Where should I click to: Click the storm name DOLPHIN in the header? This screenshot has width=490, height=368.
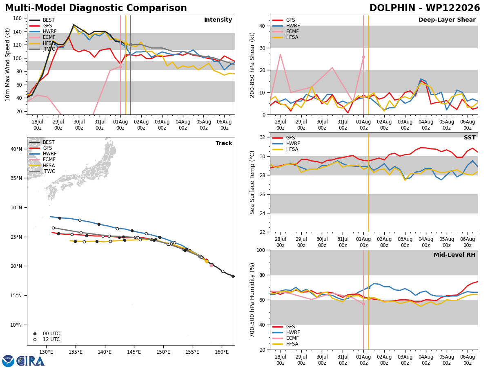pos(392,8)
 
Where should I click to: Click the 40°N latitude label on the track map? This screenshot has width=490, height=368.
pos(16,149)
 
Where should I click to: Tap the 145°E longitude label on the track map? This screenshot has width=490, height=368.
pos(134,352)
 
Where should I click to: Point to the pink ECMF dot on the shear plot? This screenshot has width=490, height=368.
pos(363,57)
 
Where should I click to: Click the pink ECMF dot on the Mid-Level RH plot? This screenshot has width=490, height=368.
pos(363,304)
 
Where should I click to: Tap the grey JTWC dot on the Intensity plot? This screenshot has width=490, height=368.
pos(131,45)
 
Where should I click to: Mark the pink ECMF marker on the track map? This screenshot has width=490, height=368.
pos(211,266)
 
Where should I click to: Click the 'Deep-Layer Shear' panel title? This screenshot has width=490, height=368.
pos(447,20)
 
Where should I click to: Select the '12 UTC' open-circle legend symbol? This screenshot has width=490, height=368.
pos(35,340)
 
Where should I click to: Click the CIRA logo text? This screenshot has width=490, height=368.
pos(30,361)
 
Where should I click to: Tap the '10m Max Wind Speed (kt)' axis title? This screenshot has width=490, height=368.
pos(7,65)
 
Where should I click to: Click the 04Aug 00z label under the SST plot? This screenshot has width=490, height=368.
pos(426,242)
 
